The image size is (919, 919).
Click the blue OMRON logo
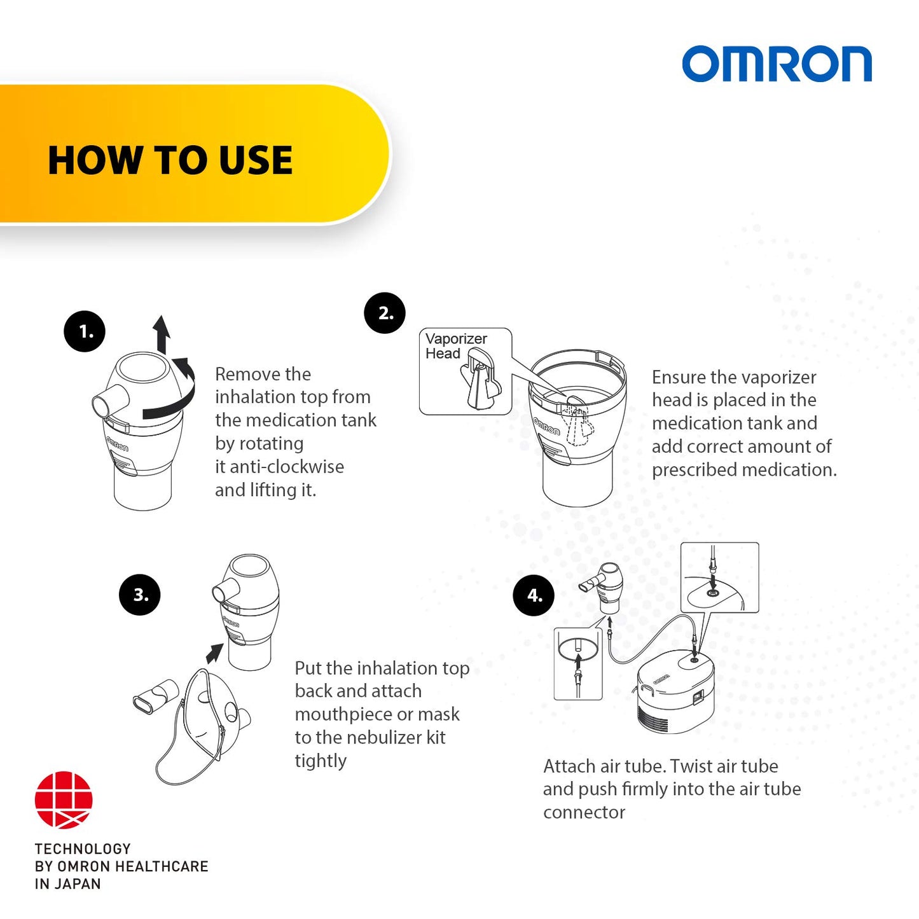[x=777, y=64]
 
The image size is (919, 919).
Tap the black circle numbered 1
[x=85, y=331]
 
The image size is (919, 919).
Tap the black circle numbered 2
[x=385, y=313]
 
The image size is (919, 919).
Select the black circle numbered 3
[x=140, y=595]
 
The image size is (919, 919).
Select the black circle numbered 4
[x=534, y=595]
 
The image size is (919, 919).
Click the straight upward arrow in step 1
[x=162, y=333]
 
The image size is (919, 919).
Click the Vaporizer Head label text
[x=455, y=346]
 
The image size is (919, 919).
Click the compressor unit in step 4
[x=675, y=693]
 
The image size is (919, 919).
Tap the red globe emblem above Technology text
[x=64, y=800]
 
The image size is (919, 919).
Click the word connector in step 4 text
[x=584, y=812]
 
